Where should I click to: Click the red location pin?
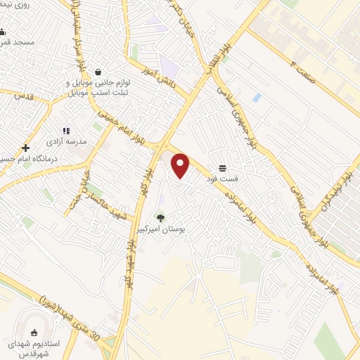point(181,166)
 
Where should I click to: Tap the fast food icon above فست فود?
point(223,167)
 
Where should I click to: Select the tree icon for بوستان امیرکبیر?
point(160,218)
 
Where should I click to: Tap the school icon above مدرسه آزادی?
point(67,131)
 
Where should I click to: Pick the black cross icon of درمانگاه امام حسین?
point(26,148)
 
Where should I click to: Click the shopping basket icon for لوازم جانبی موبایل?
point(98,72)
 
